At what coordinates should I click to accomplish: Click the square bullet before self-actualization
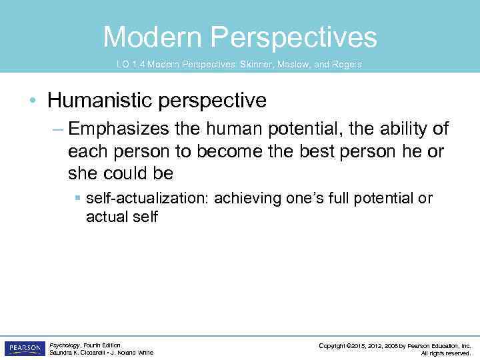tap(78, 199)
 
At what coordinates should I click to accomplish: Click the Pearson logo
tap(25, 348)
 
